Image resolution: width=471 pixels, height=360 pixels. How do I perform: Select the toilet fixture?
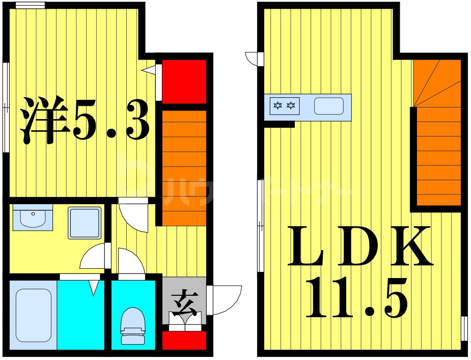point(132,326)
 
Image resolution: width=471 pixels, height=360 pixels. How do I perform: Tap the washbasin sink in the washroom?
point(33,218)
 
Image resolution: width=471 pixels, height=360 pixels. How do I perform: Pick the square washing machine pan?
point(85,223)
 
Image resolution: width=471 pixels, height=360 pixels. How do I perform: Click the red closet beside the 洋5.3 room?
point(184,81)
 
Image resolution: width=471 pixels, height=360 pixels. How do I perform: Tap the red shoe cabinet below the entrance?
point(184,340)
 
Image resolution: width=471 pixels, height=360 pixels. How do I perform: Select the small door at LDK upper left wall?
point(253,59)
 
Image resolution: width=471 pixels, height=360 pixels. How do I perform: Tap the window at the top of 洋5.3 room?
point(30,6)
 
